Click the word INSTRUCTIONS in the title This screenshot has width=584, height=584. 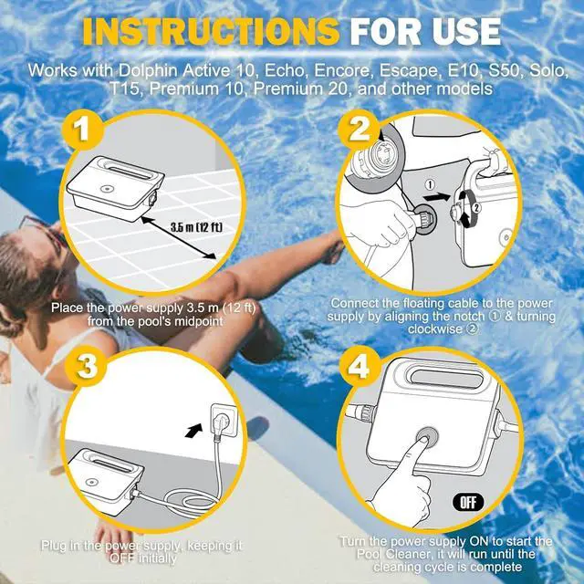coord(211,31)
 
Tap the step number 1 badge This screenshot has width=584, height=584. coord(82,130)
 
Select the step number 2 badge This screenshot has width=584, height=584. coord(358,130)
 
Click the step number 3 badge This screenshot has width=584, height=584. coord(87,366)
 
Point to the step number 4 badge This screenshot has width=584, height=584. coord(360,366)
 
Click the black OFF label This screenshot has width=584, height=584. coord(468,503)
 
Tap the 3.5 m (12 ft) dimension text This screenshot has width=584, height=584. coord(196,227)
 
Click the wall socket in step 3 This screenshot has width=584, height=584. coord(224,420)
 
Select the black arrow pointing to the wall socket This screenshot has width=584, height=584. coord(194,431)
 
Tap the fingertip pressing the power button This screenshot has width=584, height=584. coord(423,441)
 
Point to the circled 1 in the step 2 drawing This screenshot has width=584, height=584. coord(430,184)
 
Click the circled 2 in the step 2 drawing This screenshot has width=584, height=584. coord(477,205)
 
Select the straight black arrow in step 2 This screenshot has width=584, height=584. coord(437,196)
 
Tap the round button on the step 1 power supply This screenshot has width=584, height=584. coord(106,189)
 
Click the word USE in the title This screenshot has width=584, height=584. coord(466,32)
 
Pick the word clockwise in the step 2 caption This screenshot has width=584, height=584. coord(437,328)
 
